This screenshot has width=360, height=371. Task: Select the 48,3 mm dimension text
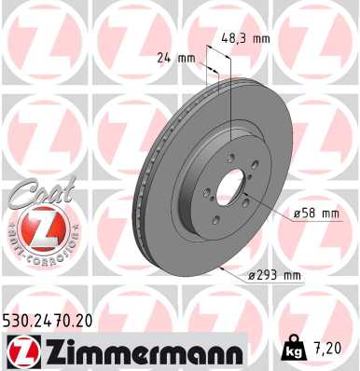click(246, 39)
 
